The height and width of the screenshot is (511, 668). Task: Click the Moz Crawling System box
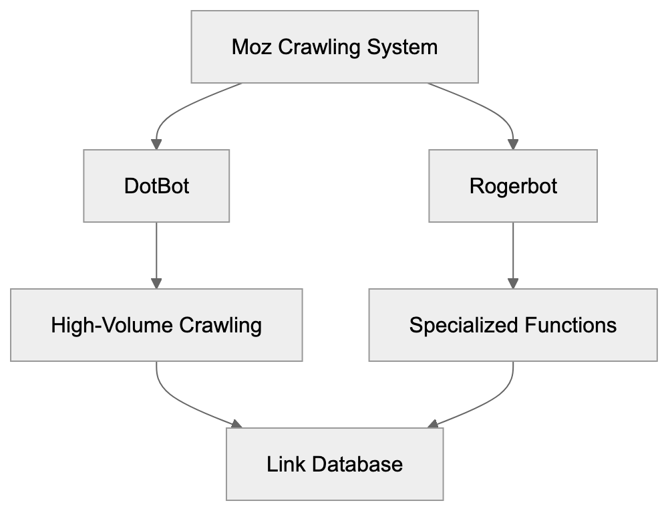click(334, 47)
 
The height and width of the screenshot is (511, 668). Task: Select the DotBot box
click(156, 185)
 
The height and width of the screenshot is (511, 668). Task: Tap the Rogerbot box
click(513, 185)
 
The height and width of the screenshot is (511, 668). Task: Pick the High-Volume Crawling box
click(156, 325)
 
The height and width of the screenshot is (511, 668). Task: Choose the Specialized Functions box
click(513, 325)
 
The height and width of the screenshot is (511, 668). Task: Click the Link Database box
click(334, 464)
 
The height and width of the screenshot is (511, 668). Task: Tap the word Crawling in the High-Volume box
click(220, 325)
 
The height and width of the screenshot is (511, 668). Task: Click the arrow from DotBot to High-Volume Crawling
click(156, 254)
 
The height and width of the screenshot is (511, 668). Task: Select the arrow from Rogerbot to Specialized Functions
click(513, 254)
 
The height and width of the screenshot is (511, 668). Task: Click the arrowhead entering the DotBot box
click(156, 143)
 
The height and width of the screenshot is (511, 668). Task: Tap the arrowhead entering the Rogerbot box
click(513, 143)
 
